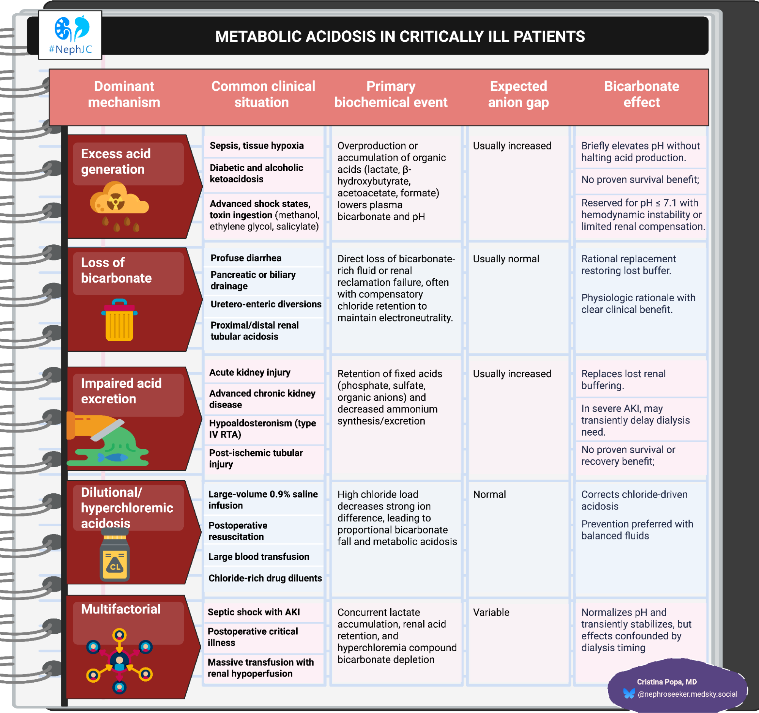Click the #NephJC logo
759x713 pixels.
click(x=70, y=35)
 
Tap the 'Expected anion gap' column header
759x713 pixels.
click(x=518, y=94)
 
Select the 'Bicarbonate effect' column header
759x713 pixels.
click(x=641, y=94)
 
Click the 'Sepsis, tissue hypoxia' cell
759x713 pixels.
click(x=257, y=146)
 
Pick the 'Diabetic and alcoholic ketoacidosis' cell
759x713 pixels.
click(x=256, y=173)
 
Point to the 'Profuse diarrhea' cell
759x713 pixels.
click(x=246, y=258)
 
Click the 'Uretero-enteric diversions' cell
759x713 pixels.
click(x=266, y=304)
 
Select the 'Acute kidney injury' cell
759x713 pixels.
click(x=250, y=372)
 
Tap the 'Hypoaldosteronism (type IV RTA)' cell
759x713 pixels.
click(x=262, y=428)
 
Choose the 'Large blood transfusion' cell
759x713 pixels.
click(x=259, y=557)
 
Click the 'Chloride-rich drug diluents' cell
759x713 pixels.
click(x=265, y=578)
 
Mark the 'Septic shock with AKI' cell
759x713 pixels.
click(x=254, y=612)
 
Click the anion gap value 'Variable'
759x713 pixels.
click(x=491, y=612)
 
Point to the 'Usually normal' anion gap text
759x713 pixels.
click(x=506, y=259)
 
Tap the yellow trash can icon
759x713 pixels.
click(x=119, y=320)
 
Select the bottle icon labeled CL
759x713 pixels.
click(x=115, y=557)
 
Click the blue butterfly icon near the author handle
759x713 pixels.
click(x=629, y=693)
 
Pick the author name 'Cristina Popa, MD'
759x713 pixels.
click(x=667, y=682)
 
